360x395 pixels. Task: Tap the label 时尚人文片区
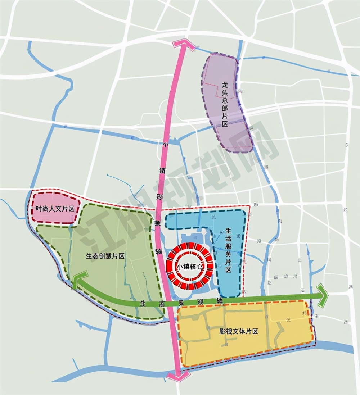(55, 209)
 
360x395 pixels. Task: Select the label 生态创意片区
(105, 256)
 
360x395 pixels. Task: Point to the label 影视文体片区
(239, 332)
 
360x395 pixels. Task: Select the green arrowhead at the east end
(322, 296)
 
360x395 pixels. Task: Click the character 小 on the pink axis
(166, 145)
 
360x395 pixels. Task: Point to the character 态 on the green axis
(162, 303)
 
